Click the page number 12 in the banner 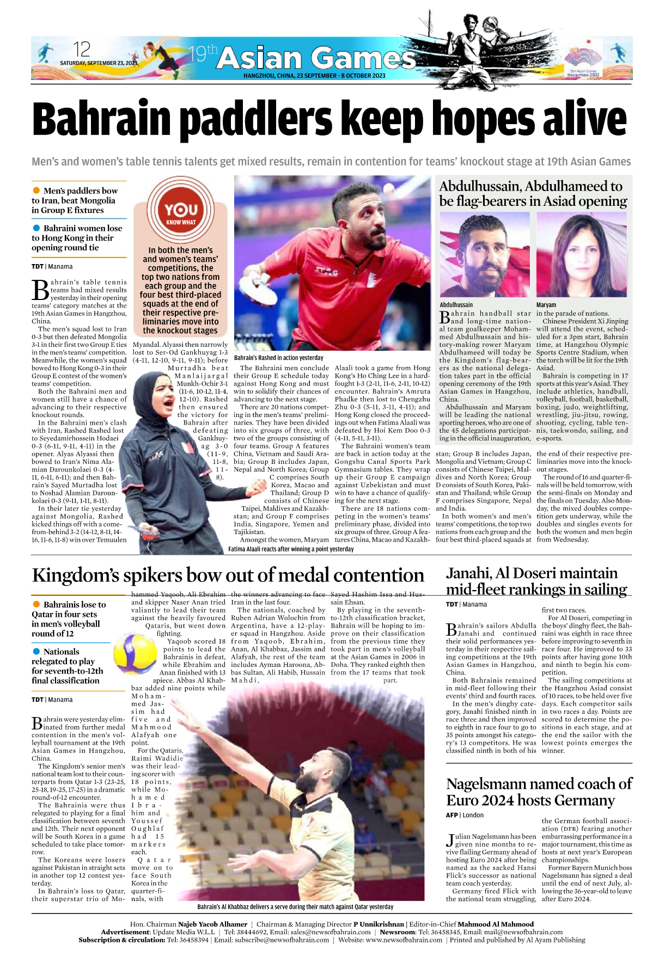[x=82, y=50]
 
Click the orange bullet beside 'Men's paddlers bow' [x=36, y=190]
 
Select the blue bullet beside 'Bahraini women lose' [x=36, y=228]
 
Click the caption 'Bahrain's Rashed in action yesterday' [x=278, y=358]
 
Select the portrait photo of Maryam [x=581, y=255]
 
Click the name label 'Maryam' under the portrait [x=546, y=305]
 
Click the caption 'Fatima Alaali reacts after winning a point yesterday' [x=291, y=549]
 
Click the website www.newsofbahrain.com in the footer [x=404, y=940]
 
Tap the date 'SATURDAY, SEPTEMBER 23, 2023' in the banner [x=99, y=63]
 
